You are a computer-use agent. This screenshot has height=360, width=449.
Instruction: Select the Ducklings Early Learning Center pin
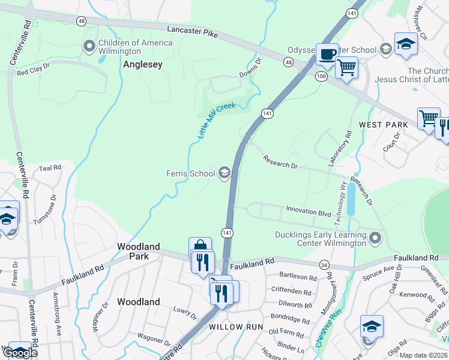click(375, 238)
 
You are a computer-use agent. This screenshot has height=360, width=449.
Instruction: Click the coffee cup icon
click(327, 54)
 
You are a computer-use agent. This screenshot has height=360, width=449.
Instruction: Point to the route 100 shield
click(322, 76)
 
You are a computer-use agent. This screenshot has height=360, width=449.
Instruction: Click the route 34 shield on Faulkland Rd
click(324, 265)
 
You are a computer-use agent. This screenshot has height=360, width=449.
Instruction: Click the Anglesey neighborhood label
click(143, 64)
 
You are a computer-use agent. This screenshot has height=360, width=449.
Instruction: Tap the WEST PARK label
click(383, 125)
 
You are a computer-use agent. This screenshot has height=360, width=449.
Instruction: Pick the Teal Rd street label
click(50, 169)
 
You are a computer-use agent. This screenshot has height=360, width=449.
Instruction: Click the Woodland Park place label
click(139, 251)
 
